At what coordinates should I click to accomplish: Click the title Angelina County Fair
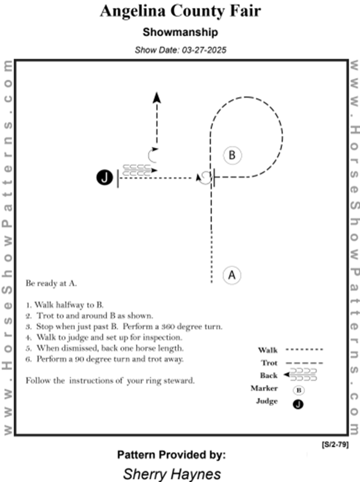click(179, 11)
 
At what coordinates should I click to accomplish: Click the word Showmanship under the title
click(180, 33)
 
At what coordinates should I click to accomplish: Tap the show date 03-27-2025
click(180, 49)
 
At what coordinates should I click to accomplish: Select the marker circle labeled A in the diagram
click(232, 275)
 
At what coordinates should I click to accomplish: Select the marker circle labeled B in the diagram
click(232, 155)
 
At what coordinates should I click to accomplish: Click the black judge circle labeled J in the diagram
click(105, 177)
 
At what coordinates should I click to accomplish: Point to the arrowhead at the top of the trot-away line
click(157, 97)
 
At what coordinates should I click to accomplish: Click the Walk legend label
click(268, 350)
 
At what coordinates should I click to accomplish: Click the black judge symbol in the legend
click(299, 404)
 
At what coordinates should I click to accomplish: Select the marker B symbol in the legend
click(299, 390)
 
